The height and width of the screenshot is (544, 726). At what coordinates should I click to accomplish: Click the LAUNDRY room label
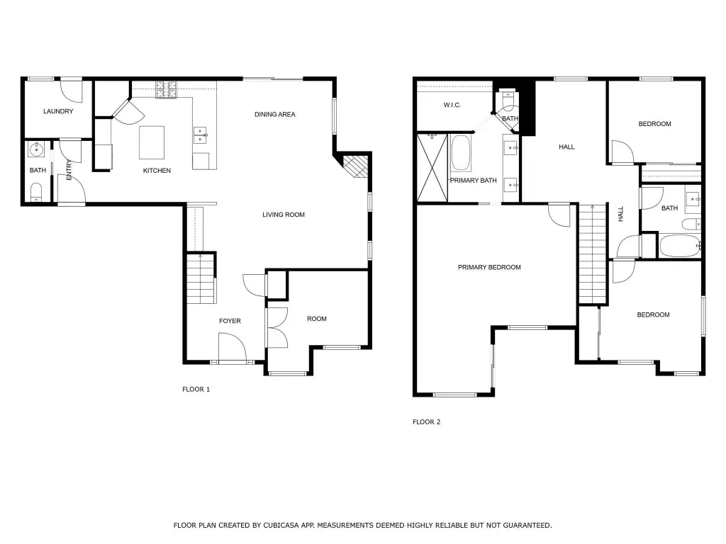click(x=58, y=111)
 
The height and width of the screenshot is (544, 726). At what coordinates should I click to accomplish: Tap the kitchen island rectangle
click(x=152, y=142)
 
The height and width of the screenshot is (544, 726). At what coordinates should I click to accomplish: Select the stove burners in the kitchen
click(x=166, y=90)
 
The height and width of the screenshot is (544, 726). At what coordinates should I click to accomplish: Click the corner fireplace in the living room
click(x=356, y=166)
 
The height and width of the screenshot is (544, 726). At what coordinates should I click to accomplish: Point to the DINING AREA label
click(x=275, y=114)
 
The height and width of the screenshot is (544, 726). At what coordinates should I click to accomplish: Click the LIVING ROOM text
click(x=284, y=215)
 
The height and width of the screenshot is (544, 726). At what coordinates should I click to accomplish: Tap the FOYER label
click(x=230, y=321)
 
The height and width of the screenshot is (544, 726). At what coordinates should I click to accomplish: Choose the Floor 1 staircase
click(x=201, y=278)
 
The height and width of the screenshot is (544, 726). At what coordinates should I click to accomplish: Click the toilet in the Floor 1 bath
click(x=36, y=192)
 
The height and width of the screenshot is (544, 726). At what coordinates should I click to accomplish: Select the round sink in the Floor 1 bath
click(x=36, y=149)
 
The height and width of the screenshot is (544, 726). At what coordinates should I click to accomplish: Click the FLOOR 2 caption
click(x=426, y=422)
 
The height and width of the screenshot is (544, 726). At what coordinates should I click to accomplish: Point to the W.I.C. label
click(x=452, y=105)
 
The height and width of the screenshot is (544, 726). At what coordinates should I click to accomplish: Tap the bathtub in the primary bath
click(x=460, y=153)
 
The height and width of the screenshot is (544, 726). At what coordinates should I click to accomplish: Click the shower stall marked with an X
click(x=432, y=167)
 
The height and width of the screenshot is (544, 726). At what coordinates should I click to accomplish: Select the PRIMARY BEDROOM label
click(x=489, y=267)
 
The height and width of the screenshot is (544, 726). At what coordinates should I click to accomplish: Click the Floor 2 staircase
click(x=593, y=254)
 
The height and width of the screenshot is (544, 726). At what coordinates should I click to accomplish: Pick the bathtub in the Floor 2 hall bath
click(x=680, y=246)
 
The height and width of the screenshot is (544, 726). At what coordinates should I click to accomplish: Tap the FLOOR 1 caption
click(x=196, y=389)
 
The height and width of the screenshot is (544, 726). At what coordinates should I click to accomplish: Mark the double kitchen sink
click(x=200, y=135)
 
